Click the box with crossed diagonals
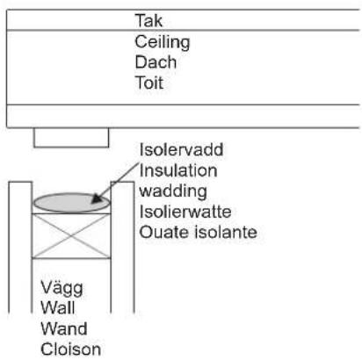(x=72, y=235)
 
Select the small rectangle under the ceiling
(x=71, y=137)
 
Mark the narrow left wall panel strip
(x=22, y=246)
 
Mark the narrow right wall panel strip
(x=123, y=246)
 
